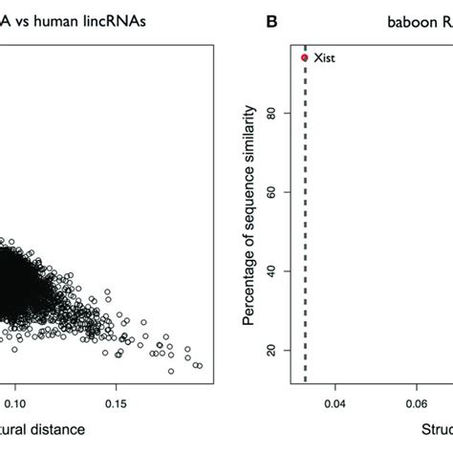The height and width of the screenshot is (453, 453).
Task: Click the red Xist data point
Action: [305, 57]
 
